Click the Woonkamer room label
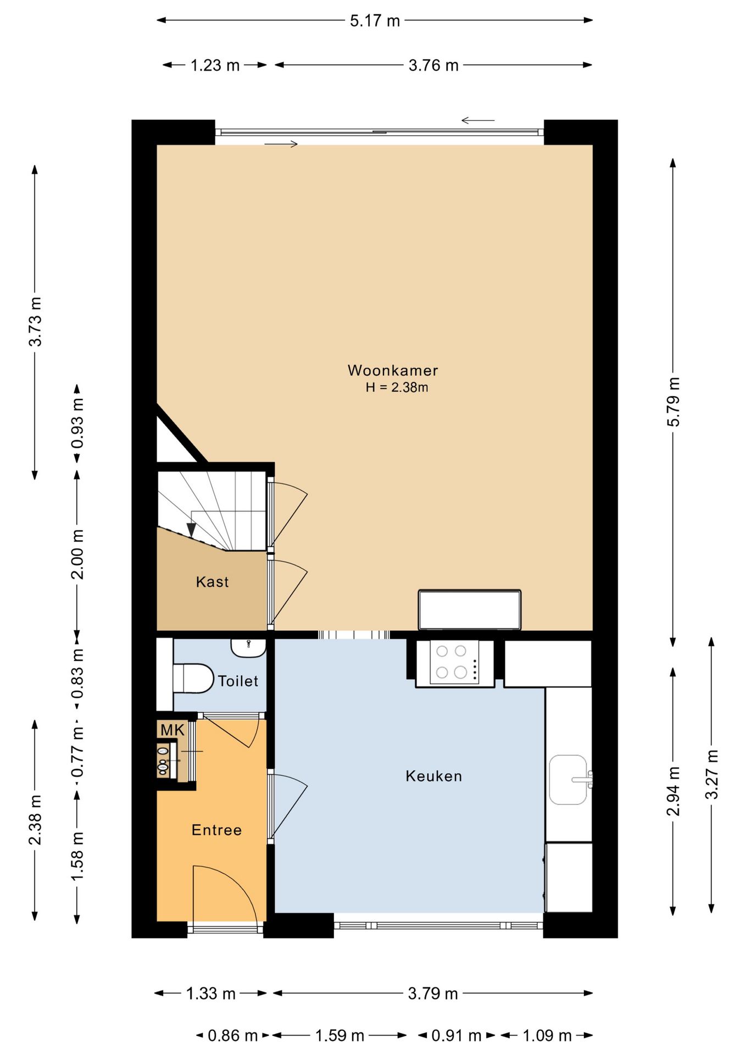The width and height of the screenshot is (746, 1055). point(392,370)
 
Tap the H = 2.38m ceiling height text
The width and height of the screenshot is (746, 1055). point(397,387)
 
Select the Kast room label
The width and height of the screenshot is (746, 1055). point(212,582)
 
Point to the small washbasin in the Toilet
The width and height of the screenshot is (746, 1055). point(248,647)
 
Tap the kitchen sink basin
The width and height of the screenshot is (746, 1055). point(568,779)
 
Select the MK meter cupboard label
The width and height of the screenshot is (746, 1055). point(172,730)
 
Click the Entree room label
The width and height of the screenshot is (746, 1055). point(216,830)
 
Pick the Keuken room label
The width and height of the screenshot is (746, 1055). point(433,776)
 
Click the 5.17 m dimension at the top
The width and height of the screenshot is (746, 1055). point(375,21)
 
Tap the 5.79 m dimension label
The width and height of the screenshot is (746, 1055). point(673,402)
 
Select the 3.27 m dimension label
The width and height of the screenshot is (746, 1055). point(711,774)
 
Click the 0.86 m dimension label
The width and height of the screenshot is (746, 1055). point(232,1036)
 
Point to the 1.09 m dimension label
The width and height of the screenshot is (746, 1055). point(547,1036)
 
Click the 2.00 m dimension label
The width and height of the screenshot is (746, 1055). point(77,554)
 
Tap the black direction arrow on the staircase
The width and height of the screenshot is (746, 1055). point(191,530)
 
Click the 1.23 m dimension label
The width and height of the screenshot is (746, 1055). point(215,65)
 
